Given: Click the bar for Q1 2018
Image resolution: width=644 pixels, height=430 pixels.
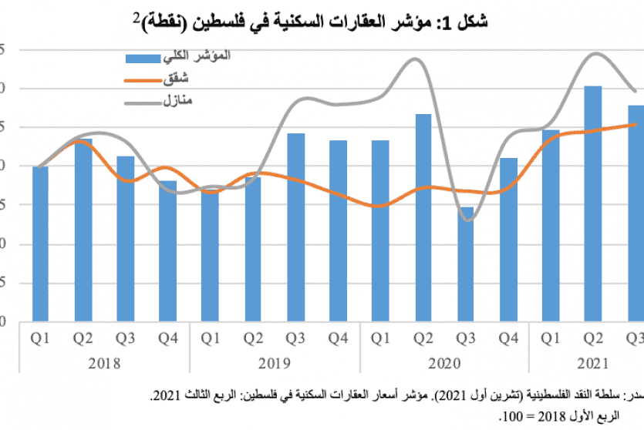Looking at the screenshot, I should (x=40, y=243).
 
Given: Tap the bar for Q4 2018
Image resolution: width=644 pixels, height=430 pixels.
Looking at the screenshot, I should (x=167, y=250).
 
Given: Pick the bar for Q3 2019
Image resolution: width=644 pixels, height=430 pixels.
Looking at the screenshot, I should (x=295, y=227).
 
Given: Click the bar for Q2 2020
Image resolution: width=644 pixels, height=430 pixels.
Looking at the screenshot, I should (x=423, y=217).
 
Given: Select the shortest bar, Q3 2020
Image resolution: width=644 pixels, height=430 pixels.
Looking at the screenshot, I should (x=465, y=264).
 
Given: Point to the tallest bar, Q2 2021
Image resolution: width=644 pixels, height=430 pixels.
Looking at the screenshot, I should (x=593, y=203).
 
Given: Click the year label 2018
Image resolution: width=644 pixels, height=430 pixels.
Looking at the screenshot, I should (x=104, y=364).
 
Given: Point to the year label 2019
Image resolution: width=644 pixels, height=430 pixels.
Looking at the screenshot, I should (x=275, y=364).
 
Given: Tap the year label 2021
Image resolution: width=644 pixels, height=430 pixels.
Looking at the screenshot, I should (x=594, y=364).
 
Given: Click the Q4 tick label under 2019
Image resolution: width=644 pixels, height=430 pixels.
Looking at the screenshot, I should (x=338, y=338).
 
